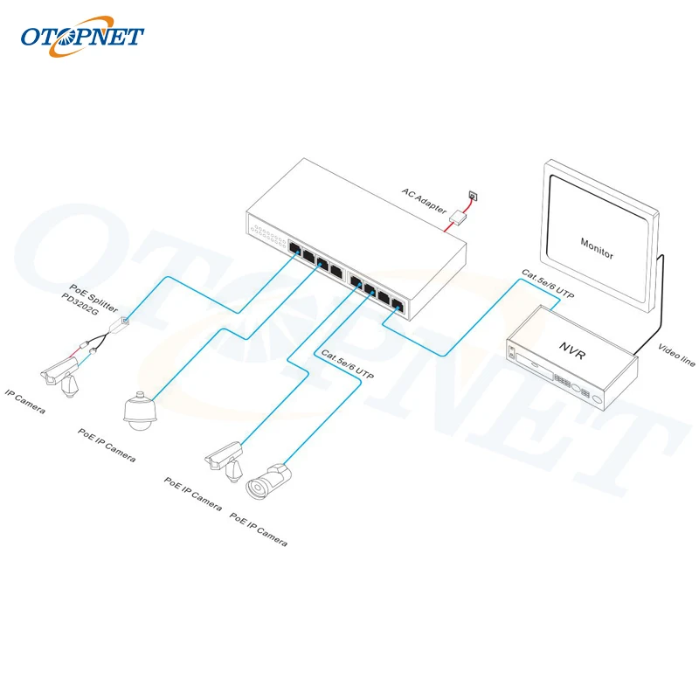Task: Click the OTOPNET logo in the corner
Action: tap(82, 37)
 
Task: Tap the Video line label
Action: tap(675, 351)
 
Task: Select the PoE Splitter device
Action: tap(117, 325)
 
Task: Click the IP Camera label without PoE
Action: tap(25, 401)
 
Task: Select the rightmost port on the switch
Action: tap(398, 305)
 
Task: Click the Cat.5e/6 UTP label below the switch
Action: tap(348, 364)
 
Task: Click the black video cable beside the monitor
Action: tap(662, 297)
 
